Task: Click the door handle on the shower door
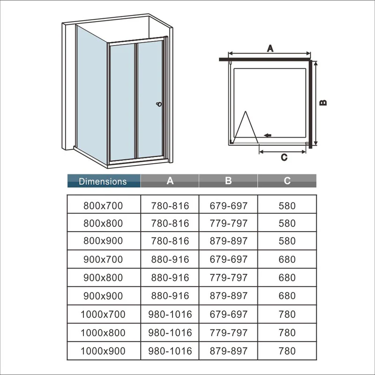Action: point(159,104)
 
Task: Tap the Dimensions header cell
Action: point(104,181)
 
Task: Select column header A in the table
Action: point(170,181)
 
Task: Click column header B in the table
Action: point(228,181)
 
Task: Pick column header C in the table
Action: point(287,181)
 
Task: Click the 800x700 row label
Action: point(103,206)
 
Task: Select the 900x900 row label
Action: point(103,296)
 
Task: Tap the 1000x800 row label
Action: point(103,333)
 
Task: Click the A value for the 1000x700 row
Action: point(170,314)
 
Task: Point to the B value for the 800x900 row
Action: point(229,241)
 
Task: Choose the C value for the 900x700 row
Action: point(287,259)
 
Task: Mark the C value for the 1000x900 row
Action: point(287,351)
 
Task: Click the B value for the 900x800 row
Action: point(229,277)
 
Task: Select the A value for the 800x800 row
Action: point(170,223)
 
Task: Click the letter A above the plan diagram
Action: point(270,48)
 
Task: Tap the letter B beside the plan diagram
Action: point(323,103)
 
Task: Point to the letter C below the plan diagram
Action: point(284,157)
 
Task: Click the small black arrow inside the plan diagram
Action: point(268,135)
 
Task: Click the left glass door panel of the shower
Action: point(122,102)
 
